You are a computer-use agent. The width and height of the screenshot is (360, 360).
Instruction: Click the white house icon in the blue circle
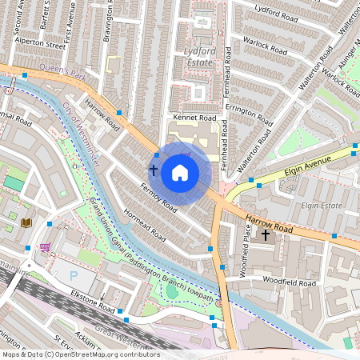point(180,172)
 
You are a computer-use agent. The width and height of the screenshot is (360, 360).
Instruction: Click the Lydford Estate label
point(194,56)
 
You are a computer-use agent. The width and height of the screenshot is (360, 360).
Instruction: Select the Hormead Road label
point(146,226)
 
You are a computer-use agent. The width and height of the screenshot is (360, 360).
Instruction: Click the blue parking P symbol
point(74,274)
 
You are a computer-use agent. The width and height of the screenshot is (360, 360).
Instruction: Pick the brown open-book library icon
point(26,222)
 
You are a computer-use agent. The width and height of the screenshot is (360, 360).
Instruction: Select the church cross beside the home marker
point(153,170)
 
